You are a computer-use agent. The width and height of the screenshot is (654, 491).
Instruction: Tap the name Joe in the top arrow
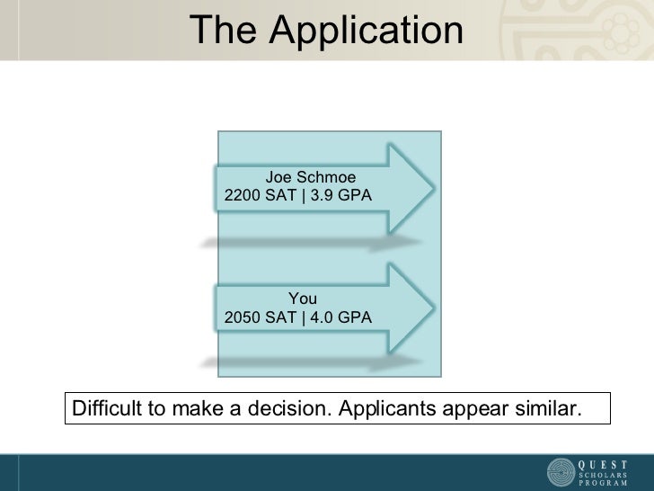click(278, 177)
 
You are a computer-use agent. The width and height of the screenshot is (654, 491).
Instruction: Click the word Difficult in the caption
click(104, 409)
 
